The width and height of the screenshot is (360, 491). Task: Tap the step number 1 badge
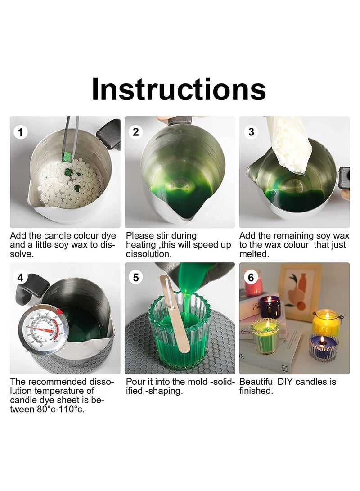[x=21, y=132]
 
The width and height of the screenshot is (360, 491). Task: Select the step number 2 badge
[x=135, y=132]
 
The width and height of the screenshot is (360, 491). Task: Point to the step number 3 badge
[x=251, y=132]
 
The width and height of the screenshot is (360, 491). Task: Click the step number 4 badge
[x=21, y=277]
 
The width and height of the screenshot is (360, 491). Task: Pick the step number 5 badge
[x=135, y=277]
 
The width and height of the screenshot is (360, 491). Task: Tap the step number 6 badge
[x=251, y=277]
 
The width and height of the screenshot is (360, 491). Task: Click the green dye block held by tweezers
[x=67, y=157]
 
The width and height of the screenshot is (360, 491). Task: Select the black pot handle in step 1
[x=109, y=134]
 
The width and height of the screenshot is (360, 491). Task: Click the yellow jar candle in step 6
[x=325, y=323]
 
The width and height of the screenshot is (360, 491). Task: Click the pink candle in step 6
[x=253, y=286]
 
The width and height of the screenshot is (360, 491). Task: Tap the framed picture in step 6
[x=300, y=292]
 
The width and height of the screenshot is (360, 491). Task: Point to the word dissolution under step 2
[x=148, y=254]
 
